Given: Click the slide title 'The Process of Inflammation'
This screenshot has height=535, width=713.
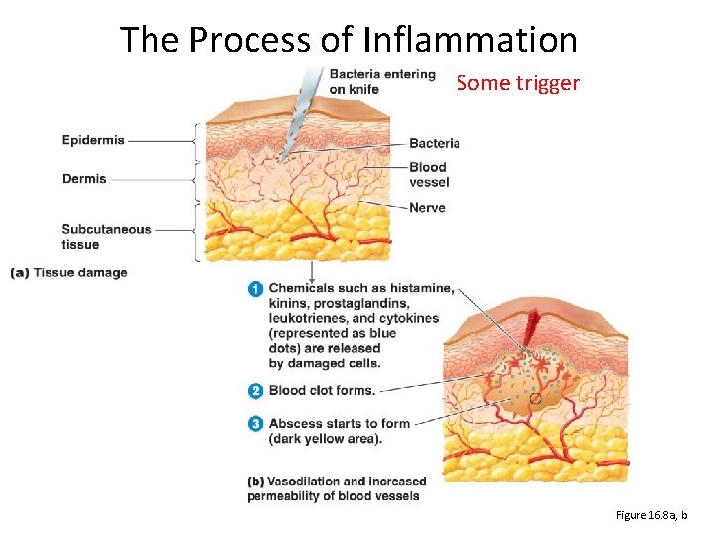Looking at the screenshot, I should pyautogui.click(x=349, y=40).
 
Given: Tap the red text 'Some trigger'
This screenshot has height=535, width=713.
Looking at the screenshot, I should pyautogui.click(x=518, y=83).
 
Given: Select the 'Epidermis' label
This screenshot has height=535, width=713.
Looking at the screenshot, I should pyautogui.click(x=93, y=140).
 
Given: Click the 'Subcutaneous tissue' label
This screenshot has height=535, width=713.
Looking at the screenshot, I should pyautogui.click(x=106, y=237).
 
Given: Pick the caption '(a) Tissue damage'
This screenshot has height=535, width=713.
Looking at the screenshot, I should pyautogui.click(x=68, y=273).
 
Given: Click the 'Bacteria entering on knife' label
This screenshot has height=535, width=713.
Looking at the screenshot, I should pyautogui.click(x=382, y=81).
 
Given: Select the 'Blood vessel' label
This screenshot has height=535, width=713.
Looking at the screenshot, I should pyautogui.click(x=428, y=174).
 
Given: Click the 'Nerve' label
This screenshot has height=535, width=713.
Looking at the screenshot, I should pyautogui.click(x=427, y=208).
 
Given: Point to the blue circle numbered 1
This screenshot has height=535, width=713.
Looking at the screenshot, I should pyautogui.click(x=255, y=290).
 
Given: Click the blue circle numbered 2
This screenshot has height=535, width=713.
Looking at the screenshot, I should pyautogui.click(x=255, y=391).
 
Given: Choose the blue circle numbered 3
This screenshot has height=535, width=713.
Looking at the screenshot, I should pyautogui.click(x=255, y=424).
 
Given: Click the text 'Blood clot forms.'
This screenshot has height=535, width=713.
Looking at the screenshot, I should pyautogui.click(x=322, y=391).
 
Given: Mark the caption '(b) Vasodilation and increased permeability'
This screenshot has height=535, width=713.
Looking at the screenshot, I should pyautogui.click(x=336, y=488).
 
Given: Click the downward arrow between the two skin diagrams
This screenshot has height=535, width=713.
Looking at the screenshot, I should pyautogui.click(x=313, y=272).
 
